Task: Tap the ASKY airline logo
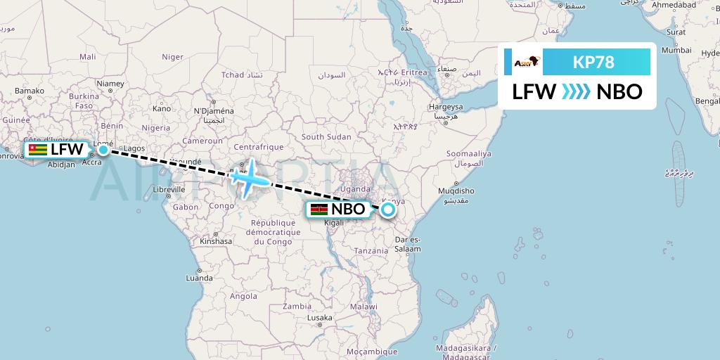tap(526, 63)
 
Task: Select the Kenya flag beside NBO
tap(319, 210)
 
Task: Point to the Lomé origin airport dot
tap(103, 149)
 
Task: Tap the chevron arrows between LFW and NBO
tap(577, 92)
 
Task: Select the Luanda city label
tap(199, 278)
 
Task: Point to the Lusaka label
tap(319, 319)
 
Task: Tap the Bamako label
tap(30, 91)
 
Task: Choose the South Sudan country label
tap(326, 136)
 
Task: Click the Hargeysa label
tap(446, 107)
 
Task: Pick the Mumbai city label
tap(676, 51)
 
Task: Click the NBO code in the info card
tap(619, 92)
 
